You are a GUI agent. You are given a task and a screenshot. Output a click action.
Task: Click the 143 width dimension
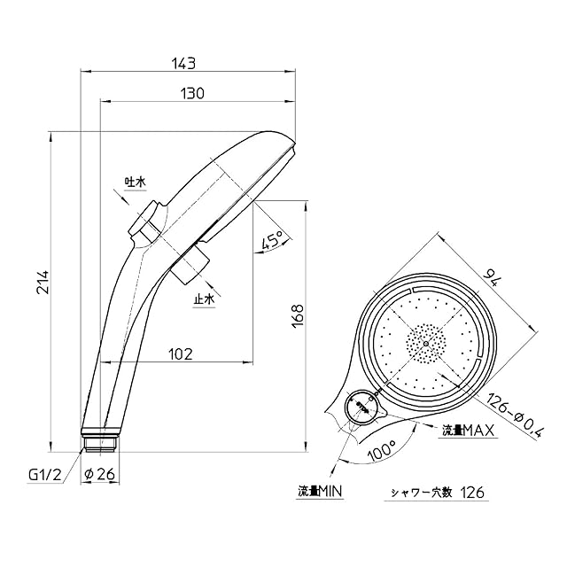point(183,64)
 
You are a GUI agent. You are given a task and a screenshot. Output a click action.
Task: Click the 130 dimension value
point(192,94)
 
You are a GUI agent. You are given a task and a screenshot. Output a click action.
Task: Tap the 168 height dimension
point(298,316)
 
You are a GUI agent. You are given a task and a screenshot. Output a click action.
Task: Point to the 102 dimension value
point(181,354)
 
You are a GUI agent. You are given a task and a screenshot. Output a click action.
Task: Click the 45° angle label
point(273,239)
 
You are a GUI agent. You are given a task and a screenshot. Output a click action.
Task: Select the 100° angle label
point(382,450)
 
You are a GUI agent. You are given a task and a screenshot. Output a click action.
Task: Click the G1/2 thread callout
point(45,475)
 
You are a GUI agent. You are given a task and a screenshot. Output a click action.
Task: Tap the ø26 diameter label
point(99,474)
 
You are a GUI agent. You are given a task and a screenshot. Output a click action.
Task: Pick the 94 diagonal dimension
point(493,277)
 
